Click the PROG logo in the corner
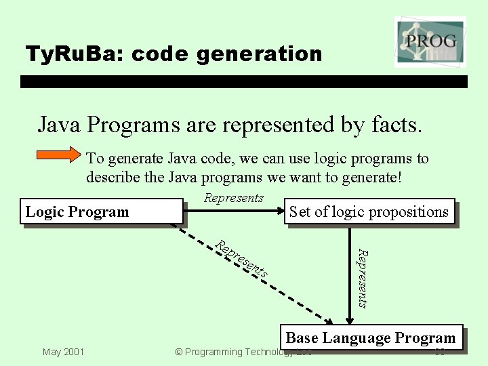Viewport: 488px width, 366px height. tap(430, 41)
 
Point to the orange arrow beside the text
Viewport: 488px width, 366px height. tap(58, 155)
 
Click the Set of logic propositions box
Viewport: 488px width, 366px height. tap(369, 212)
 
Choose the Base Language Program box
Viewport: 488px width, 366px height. tap(371, 338)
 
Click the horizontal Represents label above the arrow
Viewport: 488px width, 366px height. tap(233, 198)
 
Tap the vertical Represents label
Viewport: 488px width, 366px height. tap(363, 279)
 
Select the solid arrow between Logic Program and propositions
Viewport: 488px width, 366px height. tap(234, 211)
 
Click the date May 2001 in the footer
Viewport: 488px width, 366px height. tap(63, 352)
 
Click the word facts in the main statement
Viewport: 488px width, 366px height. tap(396, 125)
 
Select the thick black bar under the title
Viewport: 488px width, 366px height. tap(244, 81)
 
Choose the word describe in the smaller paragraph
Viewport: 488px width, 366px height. tap(110, 178)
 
